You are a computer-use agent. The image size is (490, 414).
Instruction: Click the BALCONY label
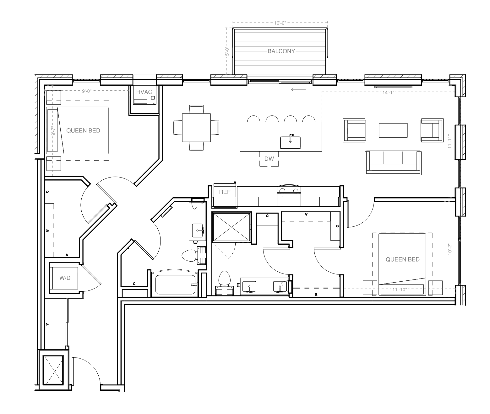[x=281, y=51]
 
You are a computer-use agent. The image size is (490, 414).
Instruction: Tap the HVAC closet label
[x=144, y=92]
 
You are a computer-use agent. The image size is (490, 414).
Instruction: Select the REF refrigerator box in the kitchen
[x=225, y=192]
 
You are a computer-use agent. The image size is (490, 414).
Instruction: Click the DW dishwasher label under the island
[x=269, y=159]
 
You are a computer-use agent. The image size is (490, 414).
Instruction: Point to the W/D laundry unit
[x=65, y=278]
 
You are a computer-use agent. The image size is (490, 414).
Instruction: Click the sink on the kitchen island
[x=290, y=142]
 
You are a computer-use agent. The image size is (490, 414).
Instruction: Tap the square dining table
[x=197, y=128]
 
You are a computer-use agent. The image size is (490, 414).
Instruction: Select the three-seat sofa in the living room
[x=393, y=162]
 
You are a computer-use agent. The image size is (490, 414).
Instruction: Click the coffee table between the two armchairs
[x=393, y=130]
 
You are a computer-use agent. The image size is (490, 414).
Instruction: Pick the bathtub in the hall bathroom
[x=175, y=284]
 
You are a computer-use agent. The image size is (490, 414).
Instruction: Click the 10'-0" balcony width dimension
[x=280, y=23]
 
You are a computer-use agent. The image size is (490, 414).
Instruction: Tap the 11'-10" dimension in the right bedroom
[x=400, y=289]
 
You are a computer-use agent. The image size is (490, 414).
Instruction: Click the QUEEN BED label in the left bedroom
[x=83, y=130]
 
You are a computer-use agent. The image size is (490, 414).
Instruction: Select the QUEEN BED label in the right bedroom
[x=402, y=259]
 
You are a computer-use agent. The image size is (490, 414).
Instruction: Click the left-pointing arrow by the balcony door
[x=298, y=89]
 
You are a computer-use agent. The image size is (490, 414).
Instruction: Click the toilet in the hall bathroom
[x=189, y=255]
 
